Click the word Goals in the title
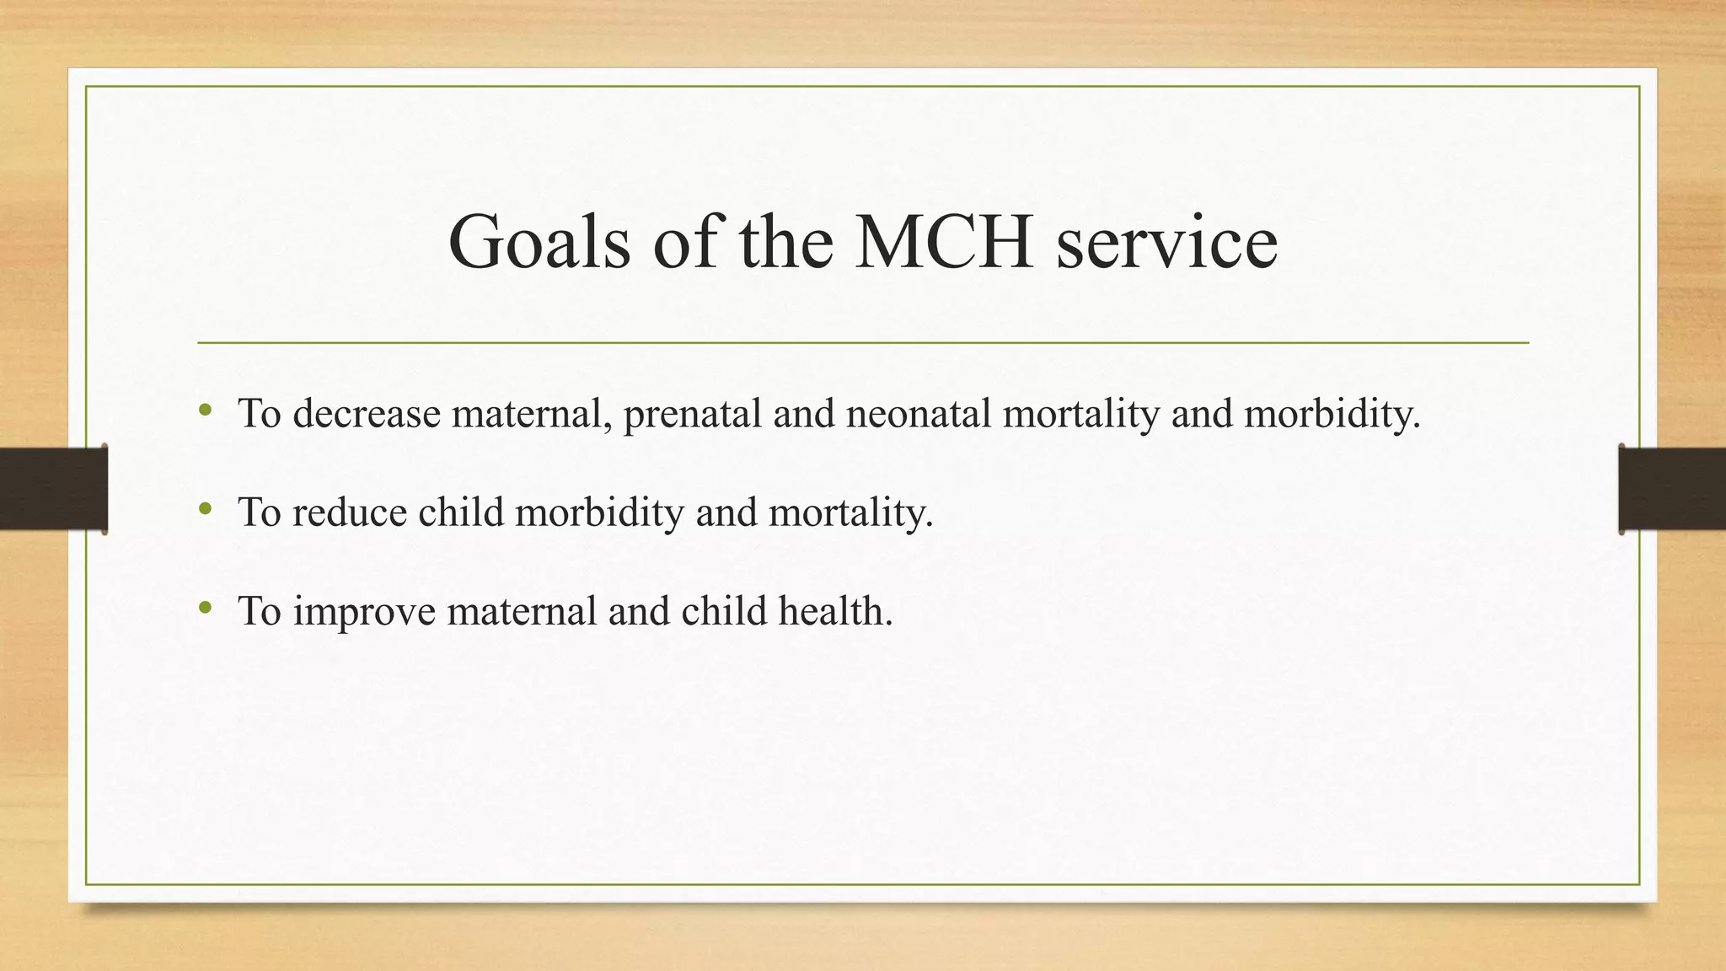point(539,242)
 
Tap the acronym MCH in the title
point(944,242)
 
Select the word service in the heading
point(1166,242)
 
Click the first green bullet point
point(205,411)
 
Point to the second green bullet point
point(205,509)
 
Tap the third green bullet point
point(205,608)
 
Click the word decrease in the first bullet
point(367,414)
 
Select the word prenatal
point(692,414)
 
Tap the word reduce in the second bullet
point(350,512)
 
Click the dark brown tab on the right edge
point(1672,489)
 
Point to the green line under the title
point(863,343)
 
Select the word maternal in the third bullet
point(522,611)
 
